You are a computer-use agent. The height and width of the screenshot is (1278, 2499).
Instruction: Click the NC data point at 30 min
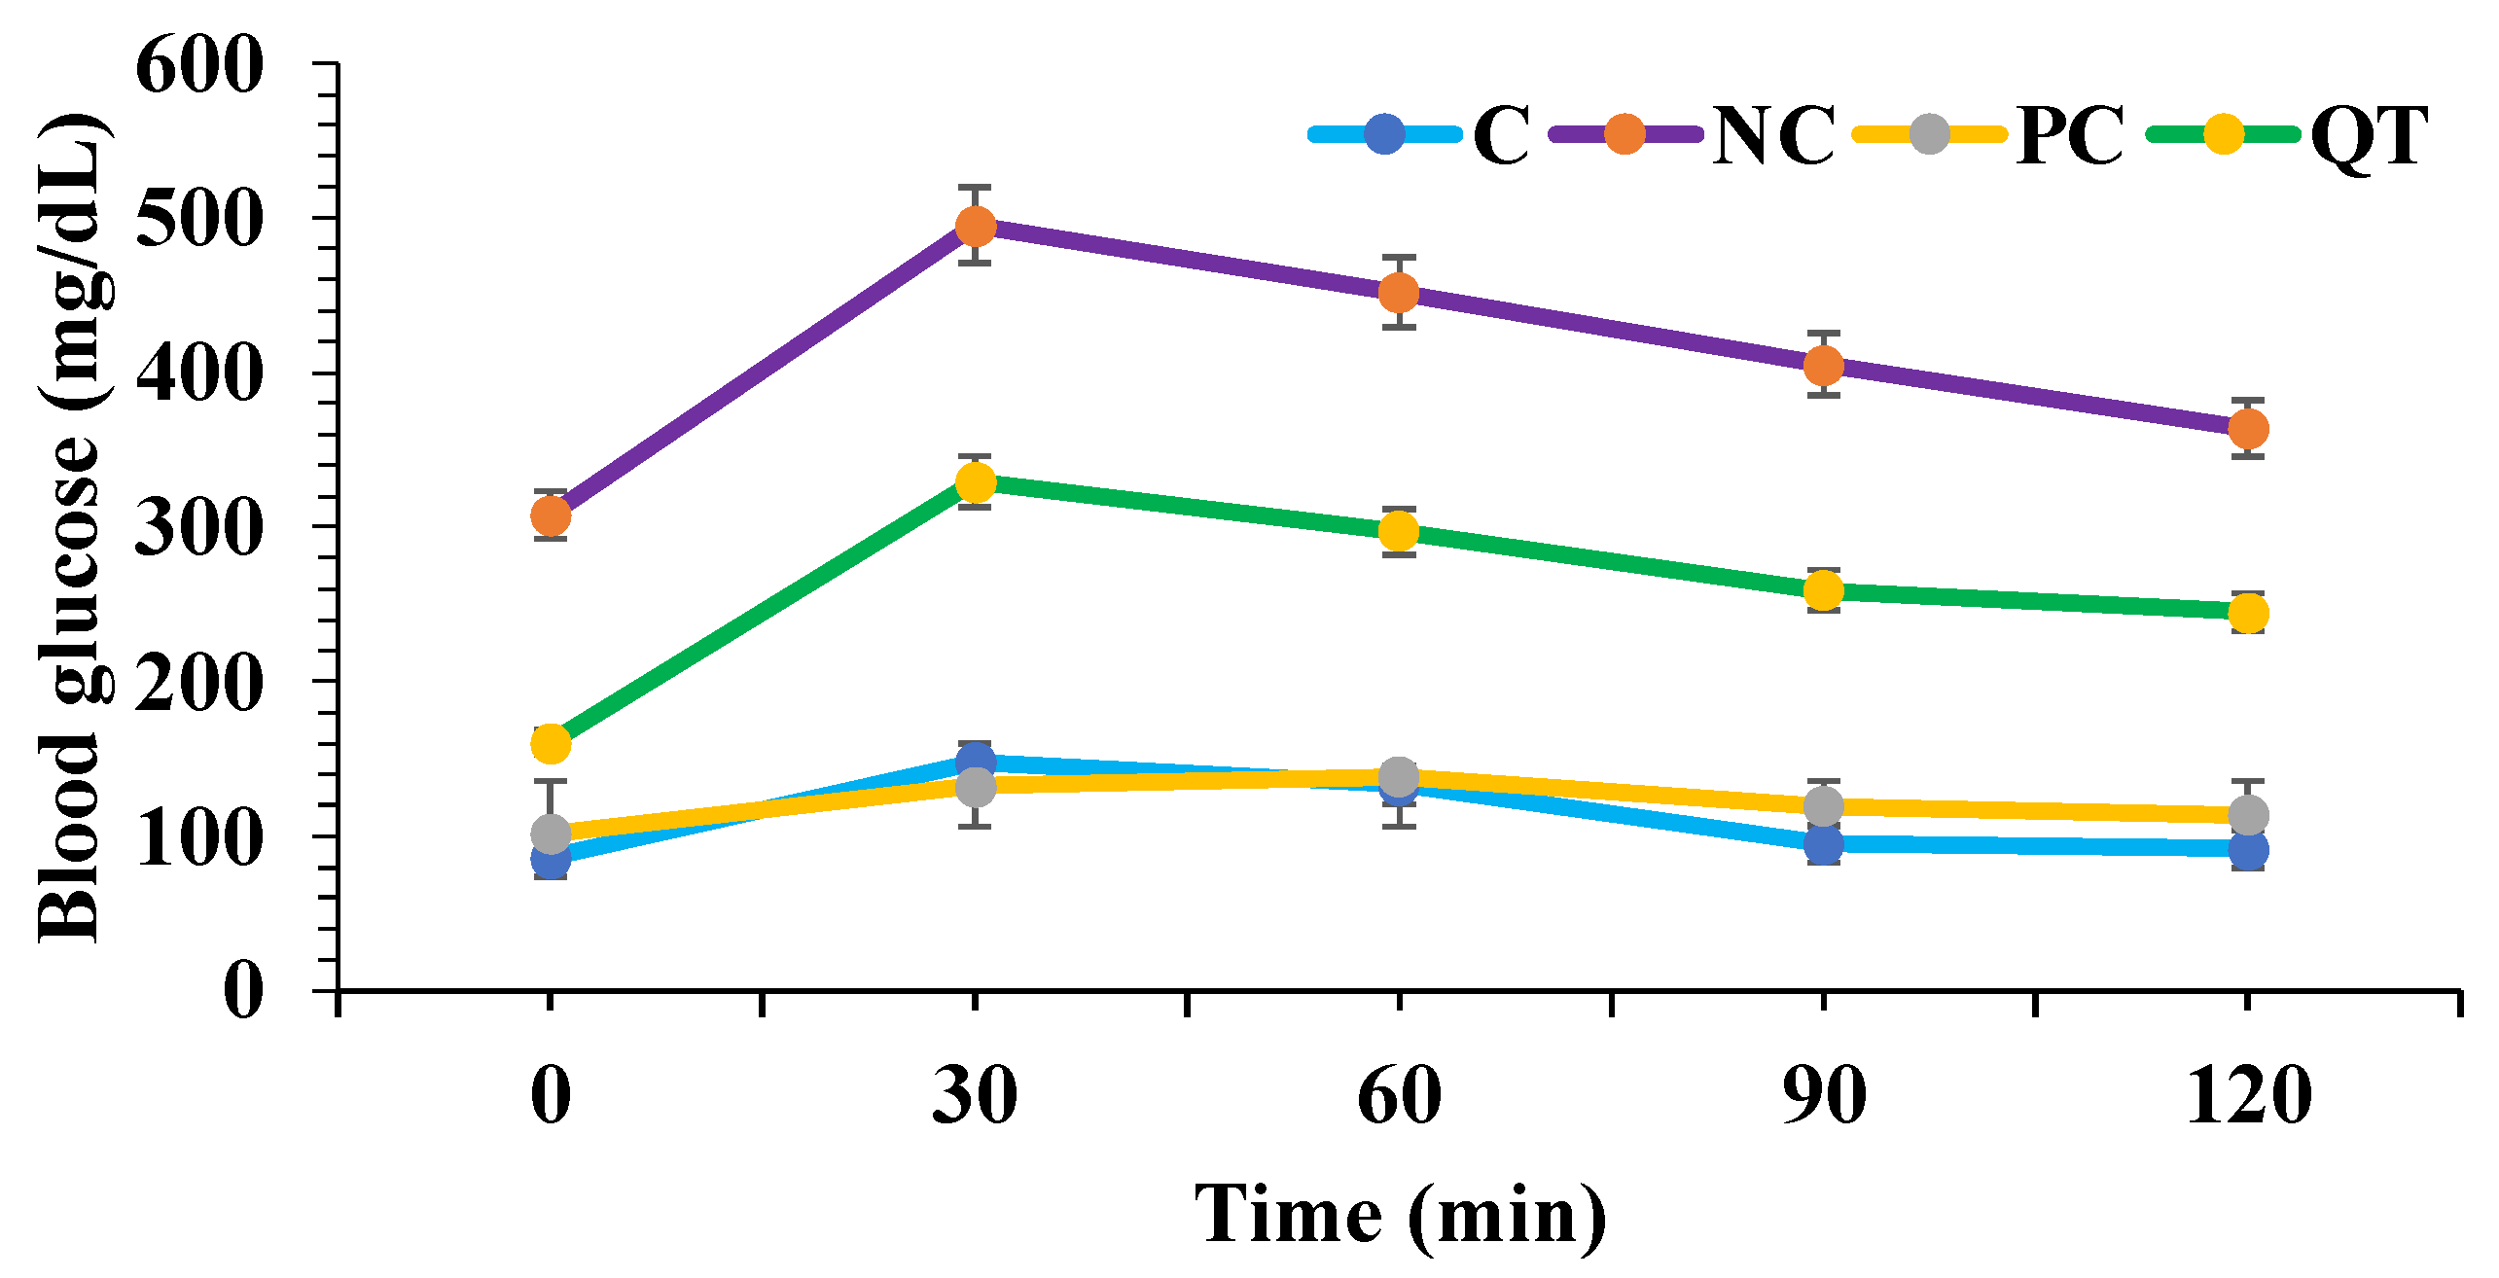tap(975, 227)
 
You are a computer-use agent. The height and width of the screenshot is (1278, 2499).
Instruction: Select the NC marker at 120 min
tap(2248, 428)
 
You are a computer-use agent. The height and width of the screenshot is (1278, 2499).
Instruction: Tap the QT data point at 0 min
tap(551, 744)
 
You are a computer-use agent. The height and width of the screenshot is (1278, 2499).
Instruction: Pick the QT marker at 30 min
tap(975, 482)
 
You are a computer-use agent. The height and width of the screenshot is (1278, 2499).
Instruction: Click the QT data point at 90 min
tap(1823, 590)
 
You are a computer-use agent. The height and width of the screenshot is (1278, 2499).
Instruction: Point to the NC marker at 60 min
tap(1399, 292)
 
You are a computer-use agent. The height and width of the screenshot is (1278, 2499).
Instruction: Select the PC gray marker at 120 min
tap(2248, 814)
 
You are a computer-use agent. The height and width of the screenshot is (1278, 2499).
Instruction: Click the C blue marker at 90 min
tap(1823, 844)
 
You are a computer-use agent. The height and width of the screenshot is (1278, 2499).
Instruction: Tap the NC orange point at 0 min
tap(551, 515)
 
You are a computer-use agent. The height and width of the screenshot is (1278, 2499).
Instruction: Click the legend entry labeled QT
tap(2368, 136)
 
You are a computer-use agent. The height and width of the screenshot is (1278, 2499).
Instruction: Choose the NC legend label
tap(1772, 136)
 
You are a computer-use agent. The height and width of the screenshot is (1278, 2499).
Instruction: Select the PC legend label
tap(2070, 136)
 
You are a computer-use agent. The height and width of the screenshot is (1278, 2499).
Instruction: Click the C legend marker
tap(1384, 134)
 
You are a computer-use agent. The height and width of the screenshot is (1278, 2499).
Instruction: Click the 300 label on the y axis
tap(199, 529)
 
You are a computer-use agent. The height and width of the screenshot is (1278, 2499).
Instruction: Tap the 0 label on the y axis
tap(243, 990)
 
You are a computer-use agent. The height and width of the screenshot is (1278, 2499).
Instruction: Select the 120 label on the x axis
tap(2248, 1096)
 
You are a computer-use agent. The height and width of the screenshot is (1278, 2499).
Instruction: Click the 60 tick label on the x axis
tap(1399, 1096)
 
